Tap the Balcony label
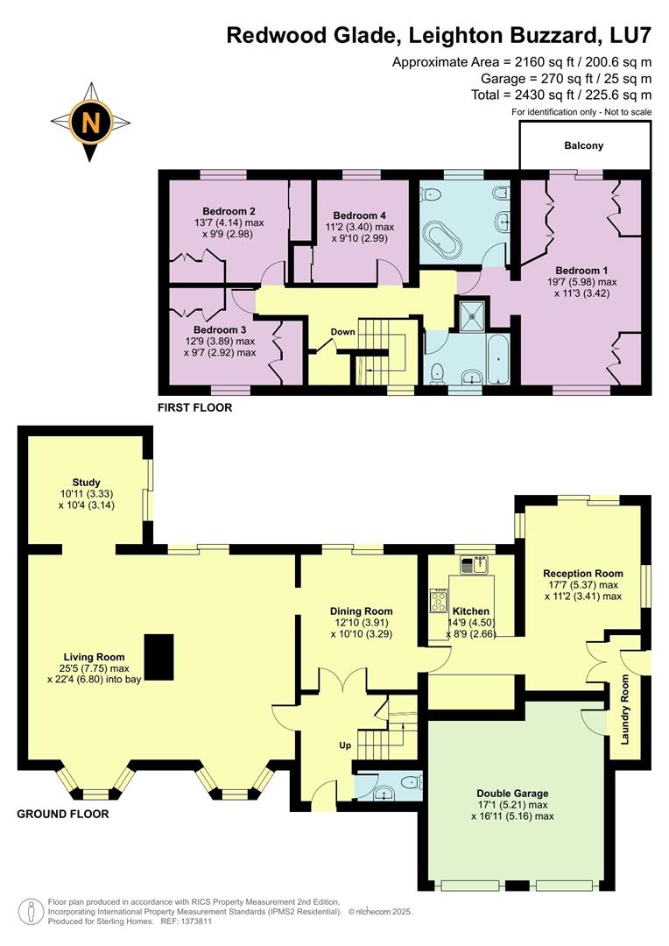584,145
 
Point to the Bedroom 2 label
229,211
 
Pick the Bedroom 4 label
359,215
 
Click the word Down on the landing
342,332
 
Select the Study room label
87,483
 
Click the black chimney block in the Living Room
159,656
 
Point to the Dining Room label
361,611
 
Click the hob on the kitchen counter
438,599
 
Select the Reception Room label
582,574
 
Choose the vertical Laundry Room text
626,709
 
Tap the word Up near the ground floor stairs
346,745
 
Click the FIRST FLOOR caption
194,407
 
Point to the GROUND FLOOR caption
63,814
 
